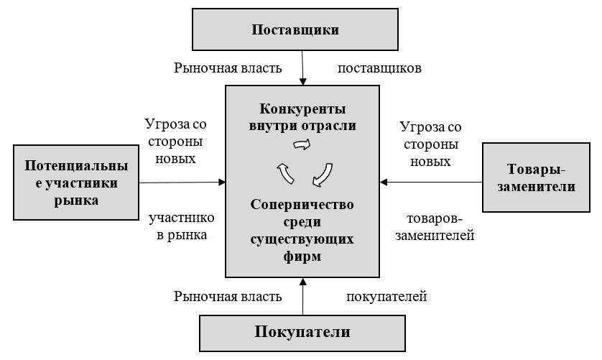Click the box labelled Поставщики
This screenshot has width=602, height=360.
click(295, 30)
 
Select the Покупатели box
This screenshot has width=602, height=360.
click(302, 332)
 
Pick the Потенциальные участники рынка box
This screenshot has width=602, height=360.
click(76, 183)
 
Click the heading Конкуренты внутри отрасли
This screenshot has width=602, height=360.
click(302, 117)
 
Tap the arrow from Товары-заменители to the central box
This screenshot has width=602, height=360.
click(431, 182)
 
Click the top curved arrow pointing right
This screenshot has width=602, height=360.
click(302, 144)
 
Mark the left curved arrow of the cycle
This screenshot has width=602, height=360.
click(282, 173)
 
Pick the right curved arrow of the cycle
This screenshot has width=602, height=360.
click(323, 173)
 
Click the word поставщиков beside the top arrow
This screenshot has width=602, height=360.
click(379, 69)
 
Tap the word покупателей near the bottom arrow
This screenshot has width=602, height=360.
click(387, 295)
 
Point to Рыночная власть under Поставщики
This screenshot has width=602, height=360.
click(228, 69)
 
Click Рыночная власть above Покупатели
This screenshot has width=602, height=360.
click(228, 295)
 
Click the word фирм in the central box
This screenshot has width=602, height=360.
click(302, 255)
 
